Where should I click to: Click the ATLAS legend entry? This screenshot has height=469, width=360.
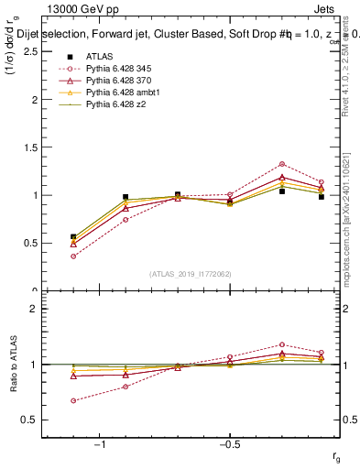[x=100, y=57]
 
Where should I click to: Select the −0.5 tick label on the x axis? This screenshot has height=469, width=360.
[x=229, y=444]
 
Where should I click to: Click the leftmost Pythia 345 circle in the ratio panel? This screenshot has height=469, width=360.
[x=73, y=400]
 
